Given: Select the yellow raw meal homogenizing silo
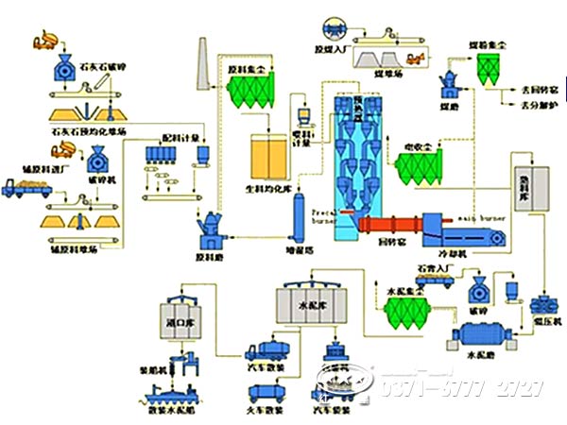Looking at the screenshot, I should click(266, 157).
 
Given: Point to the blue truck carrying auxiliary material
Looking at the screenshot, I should click(27, 189).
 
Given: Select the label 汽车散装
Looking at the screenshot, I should click(266, 372).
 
